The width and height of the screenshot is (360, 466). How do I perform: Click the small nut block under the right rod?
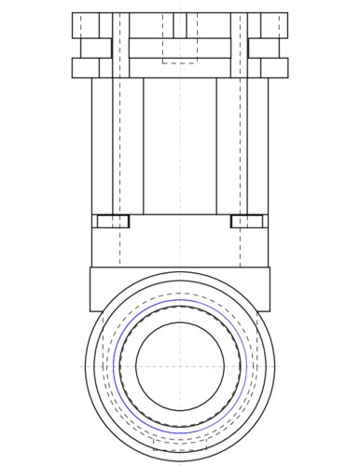(x=249, y=221)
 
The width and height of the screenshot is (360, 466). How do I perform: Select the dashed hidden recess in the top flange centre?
(x=180, y=50)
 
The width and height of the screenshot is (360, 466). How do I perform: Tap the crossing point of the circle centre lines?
(x=180, y=365)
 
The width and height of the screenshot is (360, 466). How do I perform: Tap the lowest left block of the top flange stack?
(x=87, y=67)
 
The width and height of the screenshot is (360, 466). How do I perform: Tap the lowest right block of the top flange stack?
(x=273, y=67)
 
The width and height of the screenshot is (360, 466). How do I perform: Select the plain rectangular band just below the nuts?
(x=180, y=247)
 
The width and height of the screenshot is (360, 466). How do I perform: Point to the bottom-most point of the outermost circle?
(x=180, y=459)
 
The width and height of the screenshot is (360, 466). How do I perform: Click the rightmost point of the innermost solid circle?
(x=224, y=365)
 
